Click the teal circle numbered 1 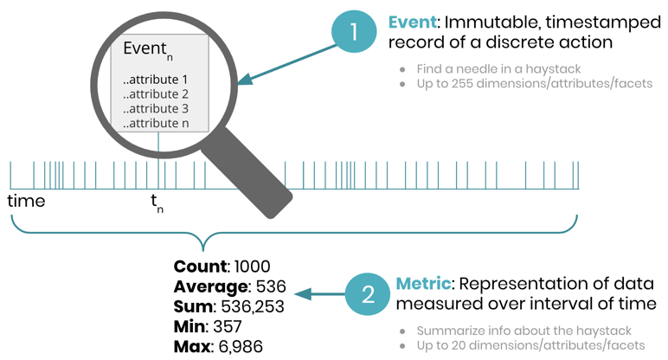353,33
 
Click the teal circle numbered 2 367,296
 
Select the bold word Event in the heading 410,22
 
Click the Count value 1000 251,267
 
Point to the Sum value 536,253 251,306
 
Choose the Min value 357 227,326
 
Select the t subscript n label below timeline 157,203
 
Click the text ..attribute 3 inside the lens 156,108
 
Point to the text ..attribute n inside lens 156,123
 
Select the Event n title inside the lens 149,50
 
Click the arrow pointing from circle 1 281,66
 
